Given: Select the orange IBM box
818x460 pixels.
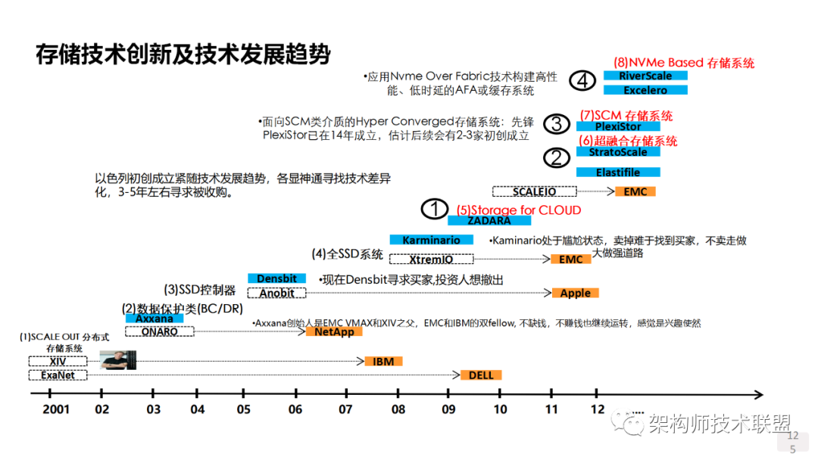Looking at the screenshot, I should (383, 361).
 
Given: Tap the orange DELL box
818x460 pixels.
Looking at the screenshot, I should (481, 375).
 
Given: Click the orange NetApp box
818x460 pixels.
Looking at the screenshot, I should (334, 331).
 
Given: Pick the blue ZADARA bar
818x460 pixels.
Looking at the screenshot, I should (489, 221).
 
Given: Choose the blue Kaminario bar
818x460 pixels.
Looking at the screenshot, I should (431, 240).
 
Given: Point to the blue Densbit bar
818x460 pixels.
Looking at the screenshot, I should (276, 278).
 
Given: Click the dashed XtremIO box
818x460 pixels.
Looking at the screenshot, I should (431, 259).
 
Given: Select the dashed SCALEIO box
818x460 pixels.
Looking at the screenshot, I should (534, 191).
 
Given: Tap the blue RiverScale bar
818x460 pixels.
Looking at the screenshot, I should (645, 76).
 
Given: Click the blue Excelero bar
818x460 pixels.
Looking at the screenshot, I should (645, 90).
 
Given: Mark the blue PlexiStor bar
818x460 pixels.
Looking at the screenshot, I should (618, 126).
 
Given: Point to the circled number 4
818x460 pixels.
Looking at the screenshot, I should (582, 79).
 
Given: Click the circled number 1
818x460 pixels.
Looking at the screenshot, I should (435, 209).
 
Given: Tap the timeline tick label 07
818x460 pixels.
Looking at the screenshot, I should (345, 409).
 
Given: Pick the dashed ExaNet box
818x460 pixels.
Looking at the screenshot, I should (58, 375).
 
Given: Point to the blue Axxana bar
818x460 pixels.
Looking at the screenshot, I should (154, 319).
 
